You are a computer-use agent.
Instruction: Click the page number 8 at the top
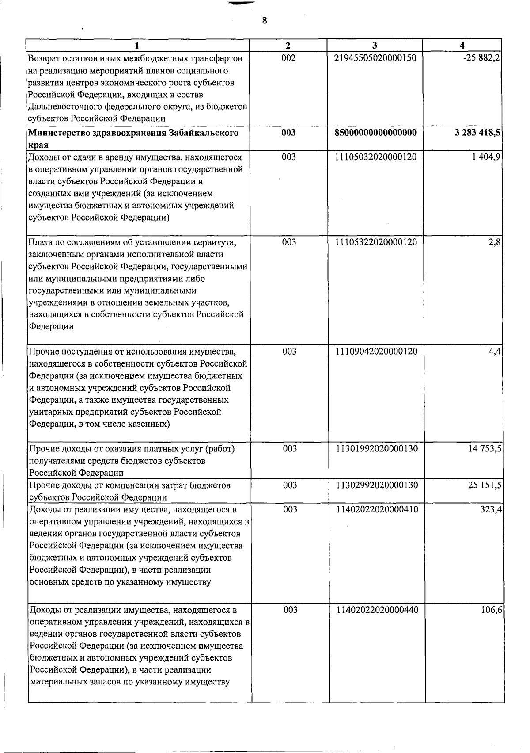tap(264, 20)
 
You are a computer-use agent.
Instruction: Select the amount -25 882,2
tap(481, 58)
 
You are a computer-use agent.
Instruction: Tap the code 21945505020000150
tap(376, 58)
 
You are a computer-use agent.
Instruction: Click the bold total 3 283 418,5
tap(477, 133)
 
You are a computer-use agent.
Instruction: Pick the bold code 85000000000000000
tap(376, 133)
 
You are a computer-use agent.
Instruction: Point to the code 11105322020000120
tap(376, 242)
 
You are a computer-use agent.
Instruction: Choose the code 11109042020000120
tap(376, 352)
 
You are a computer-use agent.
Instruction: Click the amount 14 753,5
tap(485, 449)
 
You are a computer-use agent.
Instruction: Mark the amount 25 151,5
tap(485, 485)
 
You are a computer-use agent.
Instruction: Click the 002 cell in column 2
tap(288, 58)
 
